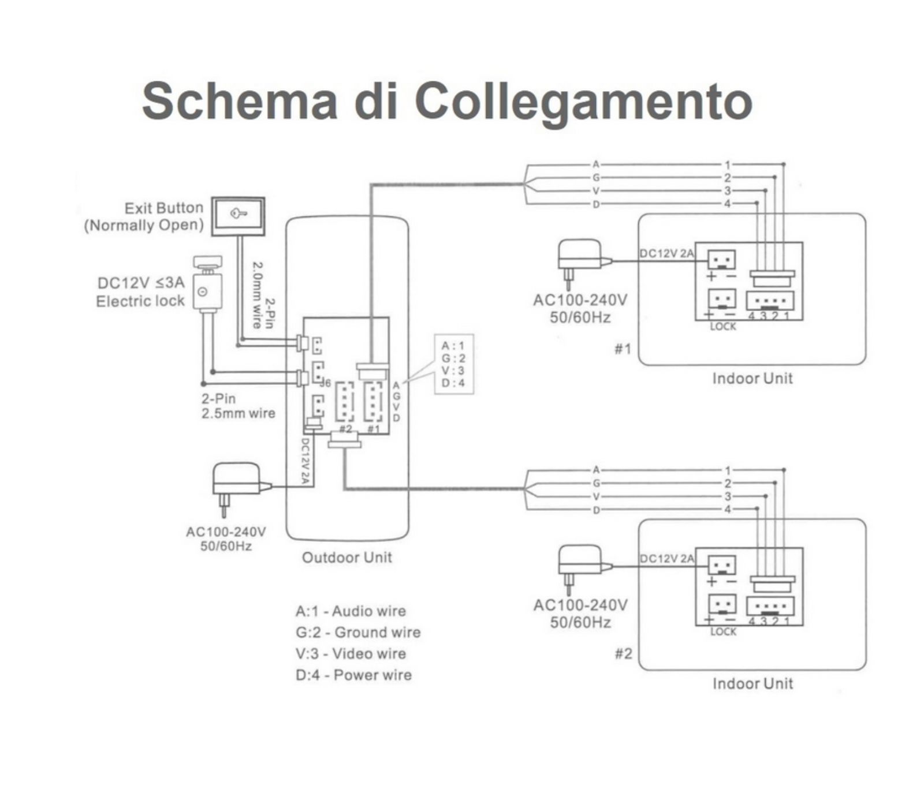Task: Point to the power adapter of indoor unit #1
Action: [x=580, y=260]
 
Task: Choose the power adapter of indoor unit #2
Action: [x=580, y=565]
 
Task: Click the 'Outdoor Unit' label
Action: [x=346, y=558]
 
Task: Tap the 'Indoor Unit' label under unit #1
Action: [x=752, y=379]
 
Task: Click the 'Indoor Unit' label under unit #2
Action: [x=752, y=684]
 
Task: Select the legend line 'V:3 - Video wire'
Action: [x=351, y=654]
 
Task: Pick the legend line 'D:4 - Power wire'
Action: [x=353, y=675]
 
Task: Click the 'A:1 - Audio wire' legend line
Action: [x=351, y=611]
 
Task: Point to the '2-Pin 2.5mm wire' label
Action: [x=238, y=406]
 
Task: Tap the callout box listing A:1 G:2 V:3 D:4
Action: [x=453, y=364]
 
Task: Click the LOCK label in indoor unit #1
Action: [x=723, y=327]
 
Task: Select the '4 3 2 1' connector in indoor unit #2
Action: [x=770, y=607]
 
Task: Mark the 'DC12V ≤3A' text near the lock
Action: [x=141, y=283]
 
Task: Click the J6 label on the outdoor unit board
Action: [x=325, y=383]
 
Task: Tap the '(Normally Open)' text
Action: [x=144, y=225]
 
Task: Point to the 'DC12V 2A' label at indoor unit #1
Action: [x=666, y=253]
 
